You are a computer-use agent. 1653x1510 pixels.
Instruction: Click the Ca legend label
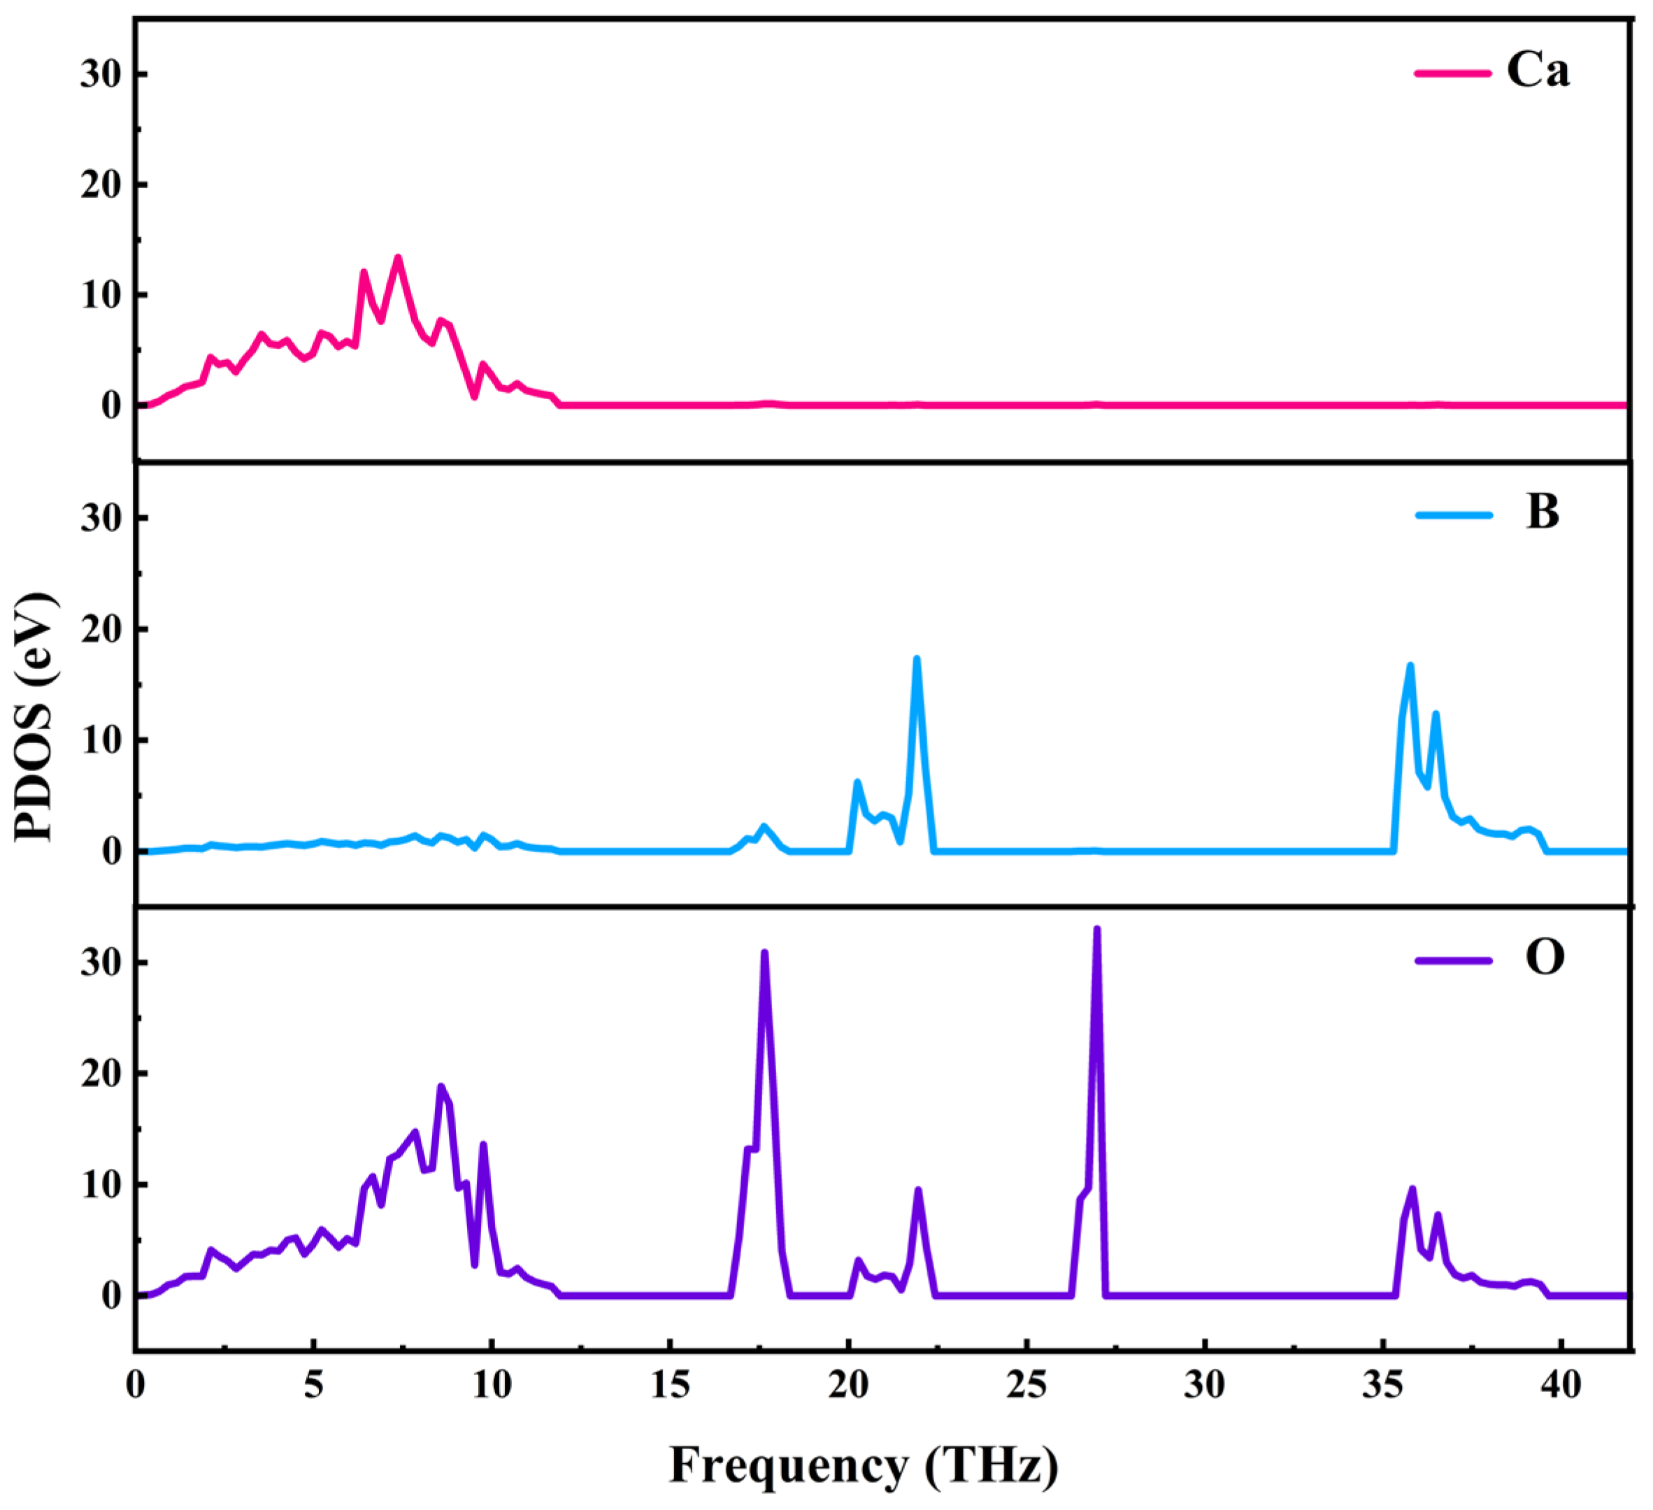pyautogui.click(x=1538, y=71)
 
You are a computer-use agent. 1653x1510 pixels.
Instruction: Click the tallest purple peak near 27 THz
pyautogui.click(x=1096, y=930)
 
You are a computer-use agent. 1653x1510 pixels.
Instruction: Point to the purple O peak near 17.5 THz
pyautogui.click(x=764, y=954)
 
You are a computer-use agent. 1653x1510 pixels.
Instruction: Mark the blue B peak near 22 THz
pyautogui.click(x=917, y=659)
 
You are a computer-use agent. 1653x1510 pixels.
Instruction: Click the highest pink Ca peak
pyautogui.click(x=399, y=257)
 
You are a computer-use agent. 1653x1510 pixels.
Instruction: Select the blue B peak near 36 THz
pyautogui.click(x=1410, y=666)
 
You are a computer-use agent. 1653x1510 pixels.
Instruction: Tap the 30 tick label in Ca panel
pyautogui.click(x=101, y=75)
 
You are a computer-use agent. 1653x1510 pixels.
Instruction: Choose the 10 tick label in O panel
pyautogui.click(x=101, y=1186)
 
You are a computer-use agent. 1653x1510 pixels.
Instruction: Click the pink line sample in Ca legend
pyautogui.click(x=1452, y=73)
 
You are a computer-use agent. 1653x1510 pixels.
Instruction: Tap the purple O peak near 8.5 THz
pyautogui.click(x=441, y=1086)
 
